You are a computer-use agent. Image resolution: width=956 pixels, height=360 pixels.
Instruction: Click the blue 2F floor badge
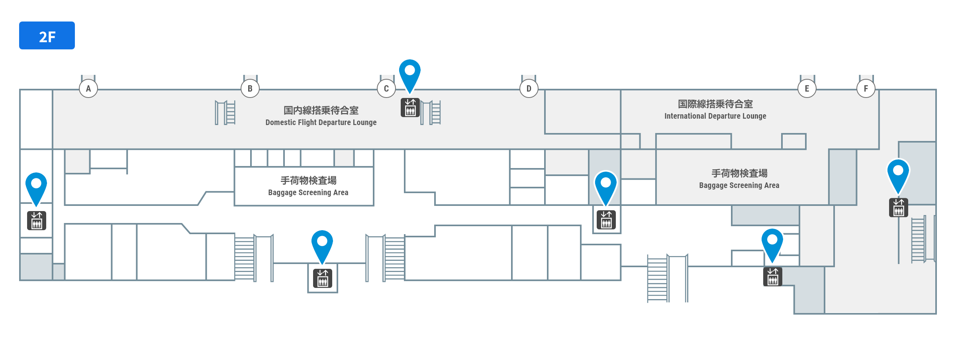[47, 35]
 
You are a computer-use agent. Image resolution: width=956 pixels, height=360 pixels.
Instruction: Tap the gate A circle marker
[88, 88]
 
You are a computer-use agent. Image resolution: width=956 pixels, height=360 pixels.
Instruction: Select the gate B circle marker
[250, 88]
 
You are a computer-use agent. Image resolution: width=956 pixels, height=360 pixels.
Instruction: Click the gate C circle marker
[386, 88]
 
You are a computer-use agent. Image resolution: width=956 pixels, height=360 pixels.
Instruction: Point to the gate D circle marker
[529, 88]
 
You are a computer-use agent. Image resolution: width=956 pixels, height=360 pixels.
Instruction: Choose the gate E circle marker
[807, 88]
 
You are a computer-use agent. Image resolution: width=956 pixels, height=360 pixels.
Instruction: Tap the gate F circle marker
[866, 88]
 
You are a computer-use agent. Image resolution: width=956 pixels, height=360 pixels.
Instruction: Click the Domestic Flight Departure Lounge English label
[321, 123]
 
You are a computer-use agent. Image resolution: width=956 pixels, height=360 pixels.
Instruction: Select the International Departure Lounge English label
[715, 116]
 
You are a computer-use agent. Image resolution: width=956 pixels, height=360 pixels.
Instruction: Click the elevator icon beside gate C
[410, 108]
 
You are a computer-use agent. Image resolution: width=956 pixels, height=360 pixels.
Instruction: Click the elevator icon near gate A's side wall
[37, 221]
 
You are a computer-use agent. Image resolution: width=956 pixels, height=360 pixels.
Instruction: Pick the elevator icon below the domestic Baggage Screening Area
[323, 278]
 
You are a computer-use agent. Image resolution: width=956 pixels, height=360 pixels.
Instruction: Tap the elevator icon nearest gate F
[899, 207]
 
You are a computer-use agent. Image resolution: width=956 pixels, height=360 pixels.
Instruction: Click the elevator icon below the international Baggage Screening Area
[773, 277]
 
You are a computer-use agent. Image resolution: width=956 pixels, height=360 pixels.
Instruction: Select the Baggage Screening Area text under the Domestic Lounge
[308, 193]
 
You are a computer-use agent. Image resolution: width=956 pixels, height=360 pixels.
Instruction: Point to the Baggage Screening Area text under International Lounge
[739, 186]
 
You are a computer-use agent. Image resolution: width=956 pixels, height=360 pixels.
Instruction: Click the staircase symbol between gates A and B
[225, 113]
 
